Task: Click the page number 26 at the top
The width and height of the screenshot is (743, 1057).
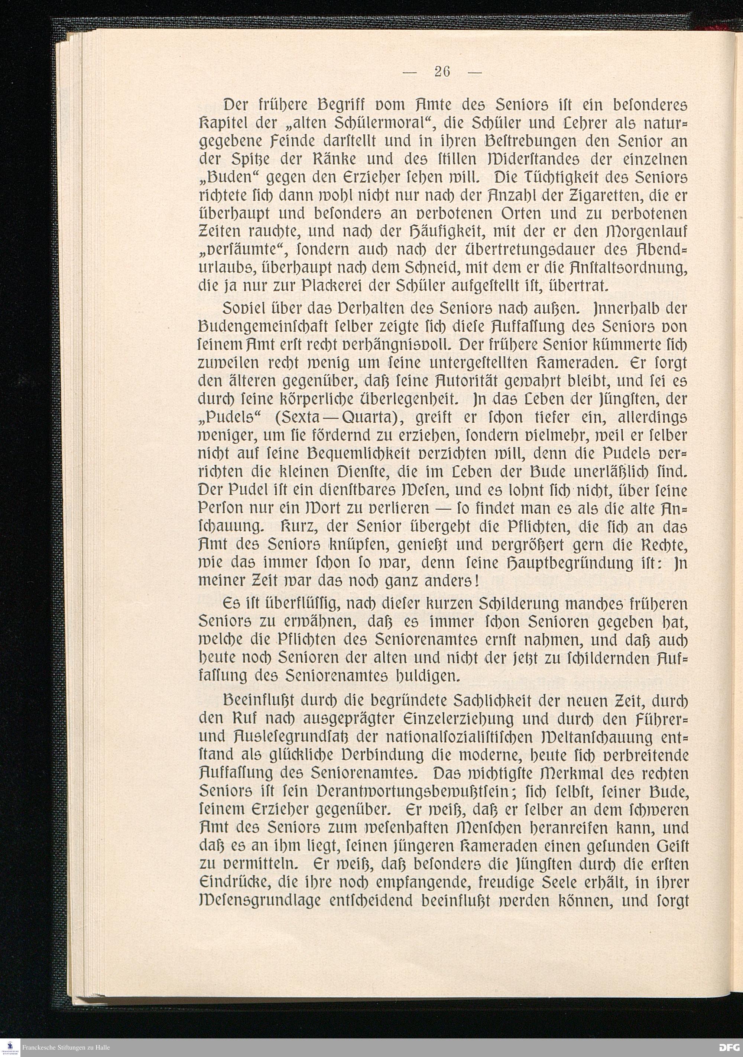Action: [441, 72]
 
